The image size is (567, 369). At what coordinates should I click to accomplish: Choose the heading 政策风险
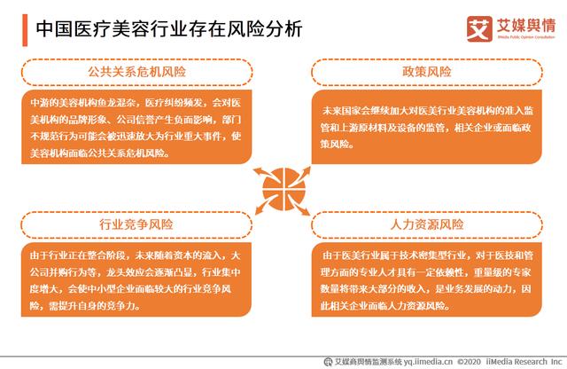426,71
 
